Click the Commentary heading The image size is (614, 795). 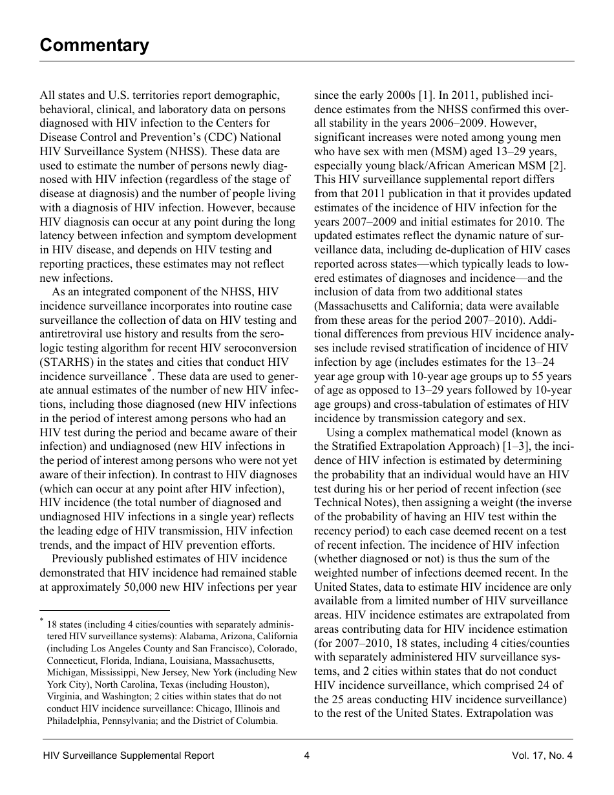point(94,45)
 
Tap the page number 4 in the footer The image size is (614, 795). point(307,756)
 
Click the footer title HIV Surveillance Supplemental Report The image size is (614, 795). point(128,756)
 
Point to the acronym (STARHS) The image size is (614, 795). point(68,363)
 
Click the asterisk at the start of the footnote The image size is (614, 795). point(41,622)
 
